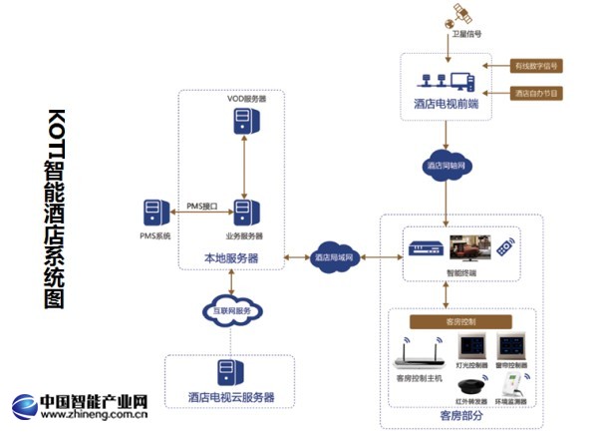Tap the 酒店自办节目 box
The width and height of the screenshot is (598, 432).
(536, 93)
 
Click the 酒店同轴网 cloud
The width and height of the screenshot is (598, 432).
(446, 165)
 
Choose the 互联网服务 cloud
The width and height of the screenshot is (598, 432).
(230, 308)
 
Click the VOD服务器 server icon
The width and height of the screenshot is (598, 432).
(242, 121)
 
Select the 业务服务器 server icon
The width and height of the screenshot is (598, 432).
(242, 212)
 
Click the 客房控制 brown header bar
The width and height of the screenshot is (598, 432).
(459, 322)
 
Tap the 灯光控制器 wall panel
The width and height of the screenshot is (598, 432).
(470, 347)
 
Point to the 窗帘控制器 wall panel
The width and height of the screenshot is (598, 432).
(513, 347)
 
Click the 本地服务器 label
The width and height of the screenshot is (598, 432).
(230, 257)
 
